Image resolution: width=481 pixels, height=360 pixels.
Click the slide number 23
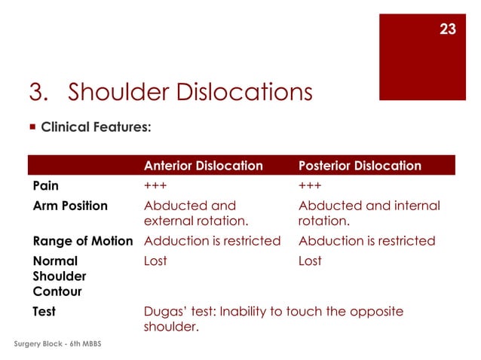pos(447,29)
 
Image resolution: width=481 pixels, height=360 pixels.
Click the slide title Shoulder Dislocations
pos(170,93)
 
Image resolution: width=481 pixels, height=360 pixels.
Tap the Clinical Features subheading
pos(96,127)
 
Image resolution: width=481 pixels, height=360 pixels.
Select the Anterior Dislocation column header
pos(203,166)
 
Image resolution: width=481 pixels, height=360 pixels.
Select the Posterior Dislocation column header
pos(360,166)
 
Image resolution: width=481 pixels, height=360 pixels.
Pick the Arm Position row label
pos(70,206)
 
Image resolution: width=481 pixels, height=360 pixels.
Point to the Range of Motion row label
pos(83,241)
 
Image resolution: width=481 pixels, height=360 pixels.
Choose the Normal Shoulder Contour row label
pos(60,276)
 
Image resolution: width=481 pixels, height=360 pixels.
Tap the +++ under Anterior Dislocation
pos(155,185)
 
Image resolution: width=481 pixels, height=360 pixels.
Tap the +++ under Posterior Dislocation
pos(310,185)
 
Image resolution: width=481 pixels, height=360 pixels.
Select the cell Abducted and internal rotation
pos(369,213)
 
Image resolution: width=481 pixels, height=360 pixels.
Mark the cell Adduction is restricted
pos(212,241)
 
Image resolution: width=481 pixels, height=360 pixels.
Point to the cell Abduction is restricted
pos(366,241)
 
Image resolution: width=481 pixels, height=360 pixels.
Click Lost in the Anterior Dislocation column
pos(155,261)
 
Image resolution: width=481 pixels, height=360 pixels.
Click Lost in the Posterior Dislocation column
pos(310,261)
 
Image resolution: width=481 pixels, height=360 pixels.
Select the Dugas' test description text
pos(273,319)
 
